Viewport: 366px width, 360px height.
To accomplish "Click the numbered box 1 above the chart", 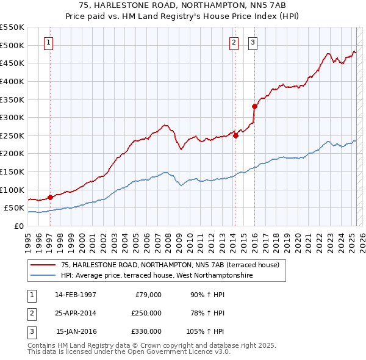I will click(48, 42).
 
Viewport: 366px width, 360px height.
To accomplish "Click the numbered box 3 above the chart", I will click(253, 42).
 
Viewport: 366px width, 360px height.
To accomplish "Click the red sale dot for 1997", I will click(50, 197).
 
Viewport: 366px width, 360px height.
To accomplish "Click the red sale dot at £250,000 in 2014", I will click(235, 135).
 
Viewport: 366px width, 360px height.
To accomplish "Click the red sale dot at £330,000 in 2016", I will click(254, 107).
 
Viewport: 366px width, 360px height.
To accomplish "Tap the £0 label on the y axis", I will click(18, 226).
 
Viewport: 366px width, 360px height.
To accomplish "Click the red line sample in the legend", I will click(43, 265).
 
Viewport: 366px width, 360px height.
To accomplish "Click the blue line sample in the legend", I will click(43, 276).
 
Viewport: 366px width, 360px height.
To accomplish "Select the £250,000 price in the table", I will click(146, 313).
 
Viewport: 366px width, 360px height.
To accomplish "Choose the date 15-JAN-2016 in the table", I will click(76, 331).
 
